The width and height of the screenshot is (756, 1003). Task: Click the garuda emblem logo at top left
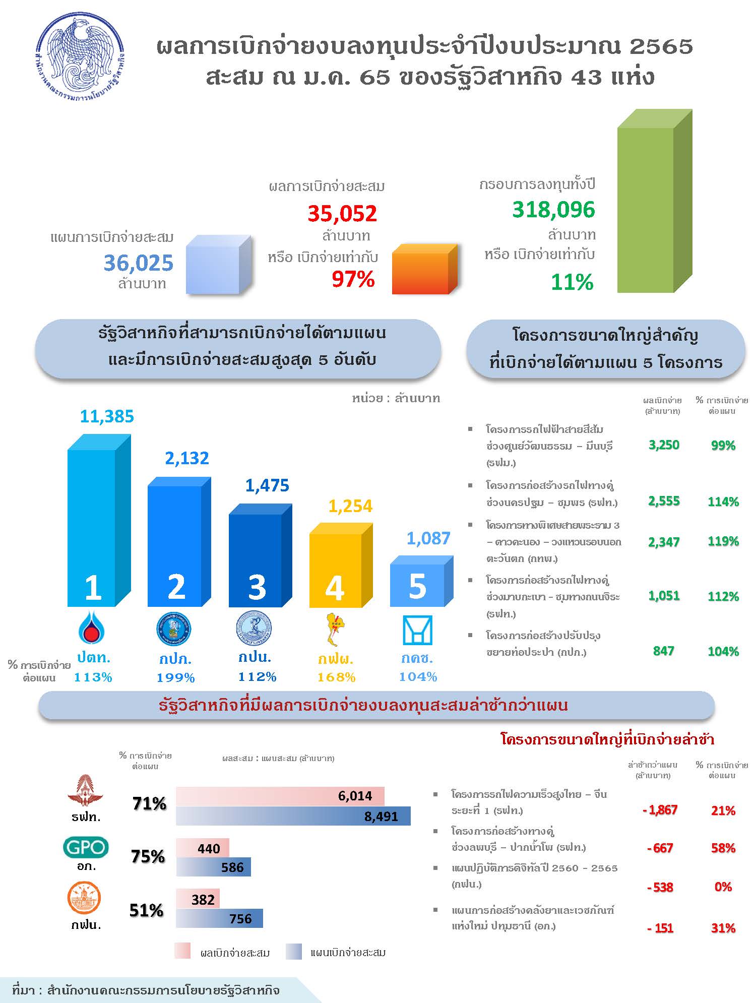pyautogui.click(x=81, y=56)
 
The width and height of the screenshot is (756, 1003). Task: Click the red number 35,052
pyautogui.click(x=342, y=214)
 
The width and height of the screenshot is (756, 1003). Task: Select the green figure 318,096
pyautogui.click(x=553, y=210)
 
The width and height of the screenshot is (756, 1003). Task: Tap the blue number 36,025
pyautogui.click(x=138, y=263)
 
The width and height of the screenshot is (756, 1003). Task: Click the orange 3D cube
pyautogui.click(x=422, y=271)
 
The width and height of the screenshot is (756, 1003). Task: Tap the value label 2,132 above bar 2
pyautogui.click(x=187, y=458)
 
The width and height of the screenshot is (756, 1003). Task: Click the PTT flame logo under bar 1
pyautogui.click(x=93, y=628)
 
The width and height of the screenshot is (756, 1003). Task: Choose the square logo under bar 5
pyautogui.click(x=418, y=630)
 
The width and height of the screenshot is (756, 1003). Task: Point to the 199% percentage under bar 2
pyautogui.click(x=175, y=678)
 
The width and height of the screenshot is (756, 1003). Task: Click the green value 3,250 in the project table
pyautogui.click(x=664, y=445)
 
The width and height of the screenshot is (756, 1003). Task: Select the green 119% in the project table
pyautogui.click(x=723, y=541)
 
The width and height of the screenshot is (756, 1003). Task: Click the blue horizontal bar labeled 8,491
pyautogui.click(x=293, y=816)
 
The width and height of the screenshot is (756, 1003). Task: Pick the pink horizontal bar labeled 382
pyautogui.click(x=198, y=900)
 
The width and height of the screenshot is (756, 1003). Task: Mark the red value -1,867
pyautogui.click(x=660, y=810)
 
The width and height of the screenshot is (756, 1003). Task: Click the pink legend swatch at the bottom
pyautogui.click(x=182, y=950)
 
